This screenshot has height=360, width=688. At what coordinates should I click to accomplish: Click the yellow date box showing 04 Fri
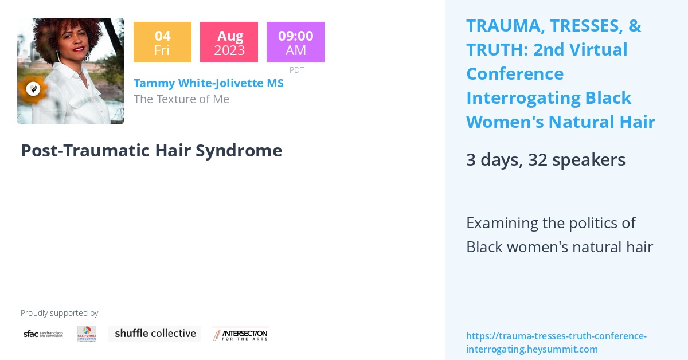tap(162, 42)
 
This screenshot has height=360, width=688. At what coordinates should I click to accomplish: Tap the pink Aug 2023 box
tap(229, 42)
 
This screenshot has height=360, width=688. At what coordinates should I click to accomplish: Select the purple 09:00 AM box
tap(295, 42)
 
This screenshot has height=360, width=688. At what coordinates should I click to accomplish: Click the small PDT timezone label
tap(296, 70)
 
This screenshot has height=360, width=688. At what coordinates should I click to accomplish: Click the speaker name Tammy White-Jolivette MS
tap(208, 83)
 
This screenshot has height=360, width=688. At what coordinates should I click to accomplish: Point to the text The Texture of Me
tap(181, 99)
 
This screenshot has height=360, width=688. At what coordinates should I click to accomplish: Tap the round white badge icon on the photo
tap(33, 89)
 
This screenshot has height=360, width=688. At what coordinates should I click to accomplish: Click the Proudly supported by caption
tap(59, 313)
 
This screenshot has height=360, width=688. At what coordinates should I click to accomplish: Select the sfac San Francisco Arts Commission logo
tap(43, 334)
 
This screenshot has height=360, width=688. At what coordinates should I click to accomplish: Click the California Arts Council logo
tap(87, 334)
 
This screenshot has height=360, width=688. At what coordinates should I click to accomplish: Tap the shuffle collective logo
tap(154, 334)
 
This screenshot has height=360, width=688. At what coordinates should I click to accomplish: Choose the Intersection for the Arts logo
tap(240, 334)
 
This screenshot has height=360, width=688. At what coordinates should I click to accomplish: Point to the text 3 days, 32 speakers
tap(545, 159)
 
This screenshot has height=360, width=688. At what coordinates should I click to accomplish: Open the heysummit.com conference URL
tap(556, 343)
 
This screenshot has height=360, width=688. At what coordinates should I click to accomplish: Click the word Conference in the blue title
tap(514, 74)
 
